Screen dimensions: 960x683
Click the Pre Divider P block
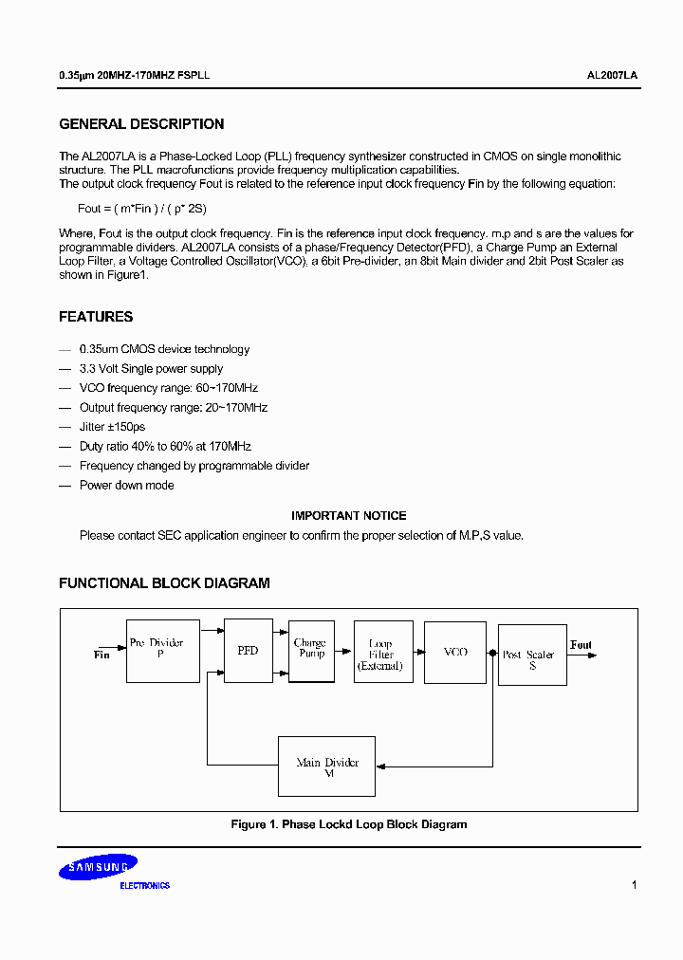[x=163, y=651]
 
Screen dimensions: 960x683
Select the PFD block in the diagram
[x=248, y=651]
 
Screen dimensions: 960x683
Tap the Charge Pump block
[x=311, y=650]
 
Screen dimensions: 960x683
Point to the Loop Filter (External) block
[x=382, y=653]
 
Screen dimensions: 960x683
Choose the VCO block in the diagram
[x=455, y=652]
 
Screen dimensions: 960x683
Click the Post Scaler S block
[x=531, y=655]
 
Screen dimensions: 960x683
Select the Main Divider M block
[x=326, y=766]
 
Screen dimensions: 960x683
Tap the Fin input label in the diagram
[x=102, y=655]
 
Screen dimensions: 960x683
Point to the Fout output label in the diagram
[x=581, y=645]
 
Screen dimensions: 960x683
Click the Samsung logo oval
[x=96, y=867]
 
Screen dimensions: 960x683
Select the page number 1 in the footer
[x=634, y=885]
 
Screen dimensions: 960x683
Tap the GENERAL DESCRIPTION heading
[x=141, y=124]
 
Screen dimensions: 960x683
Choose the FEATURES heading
[x=96, y=317]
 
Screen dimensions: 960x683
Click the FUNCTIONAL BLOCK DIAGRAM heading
[x=164, y=583]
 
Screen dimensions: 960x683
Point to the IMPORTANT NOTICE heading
[x=348, y=516]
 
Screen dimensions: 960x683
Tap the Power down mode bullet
[x=126, y=485]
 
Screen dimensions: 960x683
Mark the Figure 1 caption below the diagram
[x=349, y=824]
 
